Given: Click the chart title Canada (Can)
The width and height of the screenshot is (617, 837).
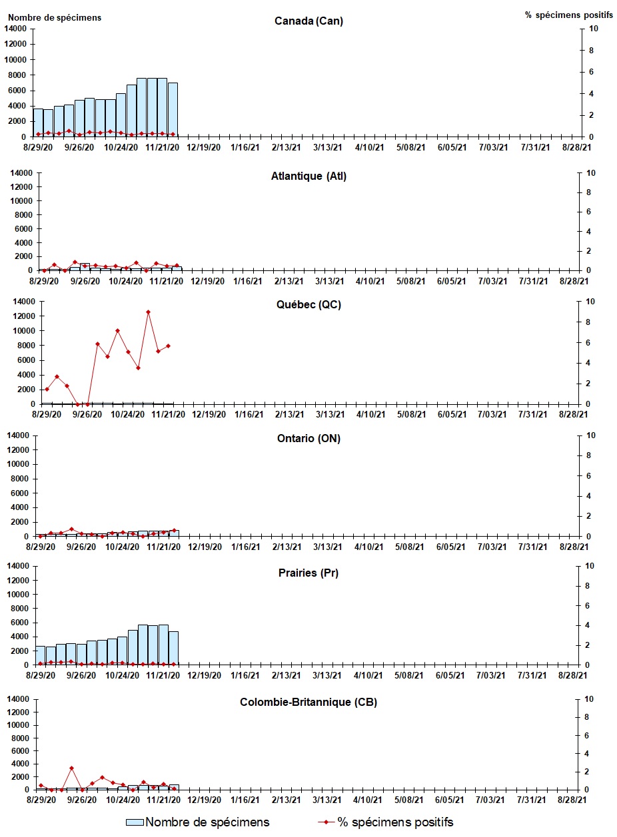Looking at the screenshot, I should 308,21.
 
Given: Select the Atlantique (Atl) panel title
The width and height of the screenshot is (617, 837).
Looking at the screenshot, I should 308,176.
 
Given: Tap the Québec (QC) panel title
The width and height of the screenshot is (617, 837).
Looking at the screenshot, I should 308,305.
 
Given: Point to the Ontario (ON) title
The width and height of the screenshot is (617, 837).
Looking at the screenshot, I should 308,439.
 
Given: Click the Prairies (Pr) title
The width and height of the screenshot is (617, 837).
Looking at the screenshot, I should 308,573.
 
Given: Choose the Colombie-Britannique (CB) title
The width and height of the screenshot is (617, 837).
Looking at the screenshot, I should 308,702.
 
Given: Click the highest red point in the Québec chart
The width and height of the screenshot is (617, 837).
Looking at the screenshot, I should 148,312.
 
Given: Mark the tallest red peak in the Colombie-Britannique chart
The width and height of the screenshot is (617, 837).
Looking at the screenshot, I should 71,768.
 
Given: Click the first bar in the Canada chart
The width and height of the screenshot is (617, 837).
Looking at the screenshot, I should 38,123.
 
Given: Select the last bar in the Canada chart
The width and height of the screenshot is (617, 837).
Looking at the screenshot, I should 173,110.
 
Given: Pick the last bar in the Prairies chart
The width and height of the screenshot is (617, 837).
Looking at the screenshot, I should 173,648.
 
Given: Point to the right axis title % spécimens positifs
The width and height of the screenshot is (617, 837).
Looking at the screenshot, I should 568,15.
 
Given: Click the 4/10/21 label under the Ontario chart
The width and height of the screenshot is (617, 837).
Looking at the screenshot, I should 369,547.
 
